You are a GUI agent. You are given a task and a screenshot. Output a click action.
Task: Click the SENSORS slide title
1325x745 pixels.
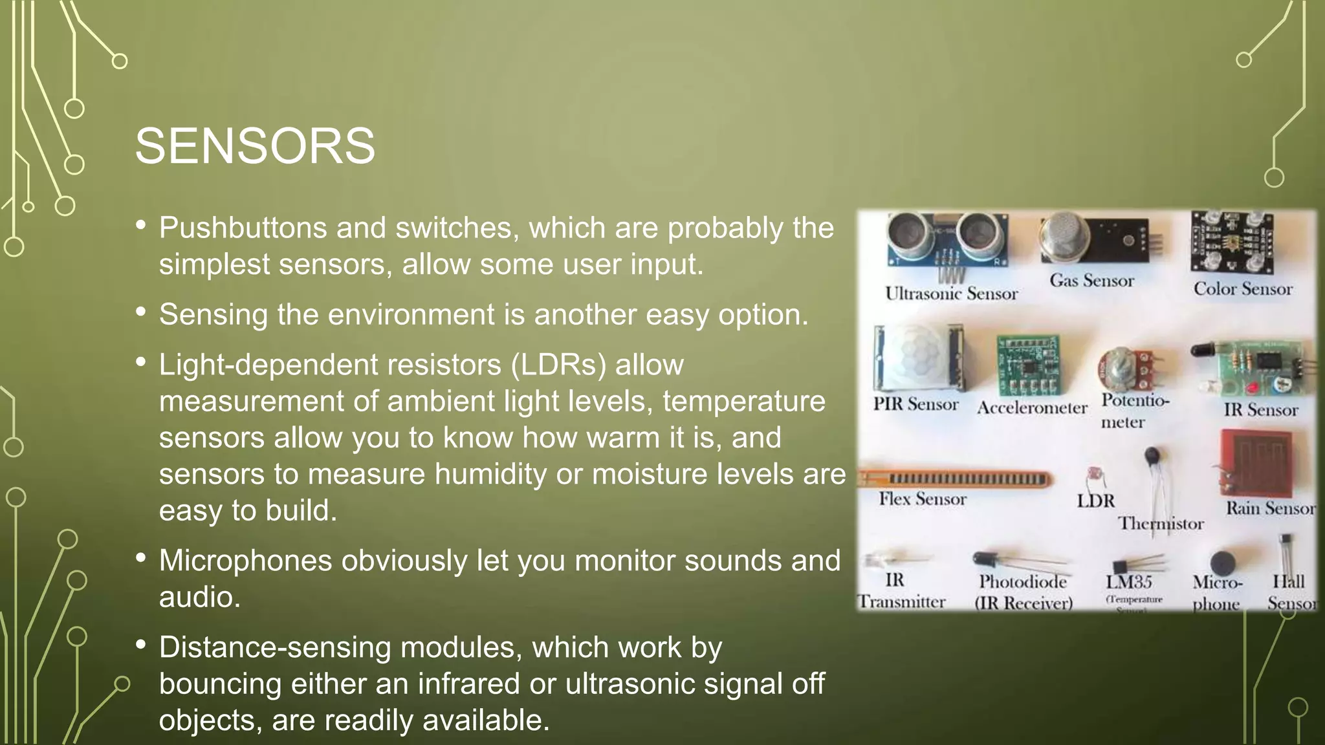click(x=255, y=146)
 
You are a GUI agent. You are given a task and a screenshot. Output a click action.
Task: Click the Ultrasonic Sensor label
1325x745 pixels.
click(x=951, y=294)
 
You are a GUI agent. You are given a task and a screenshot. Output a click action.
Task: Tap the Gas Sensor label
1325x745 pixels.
click(x=1091, y=281)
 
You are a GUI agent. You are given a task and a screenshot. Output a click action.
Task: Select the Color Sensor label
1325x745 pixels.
click(x=1242, y=289)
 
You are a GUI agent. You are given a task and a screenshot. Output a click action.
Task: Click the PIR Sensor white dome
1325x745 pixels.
click(x=914, y=360)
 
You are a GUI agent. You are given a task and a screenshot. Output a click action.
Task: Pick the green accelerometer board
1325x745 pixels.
click(x=1028, y=366)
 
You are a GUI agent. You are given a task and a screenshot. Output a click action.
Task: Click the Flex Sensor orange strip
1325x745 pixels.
click(x=958, y=479)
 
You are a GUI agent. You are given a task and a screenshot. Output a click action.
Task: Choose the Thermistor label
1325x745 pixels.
click(x=1161, y=523)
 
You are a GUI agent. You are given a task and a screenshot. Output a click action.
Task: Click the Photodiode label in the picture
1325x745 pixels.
click(x=1022, y=582)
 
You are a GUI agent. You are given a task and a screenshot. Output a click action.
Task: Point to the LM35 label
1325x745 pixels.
click(x=1128, y=582)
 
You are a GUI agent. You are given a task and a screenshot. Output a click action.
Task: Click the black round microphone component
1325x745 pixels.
click(x=1221, y=563)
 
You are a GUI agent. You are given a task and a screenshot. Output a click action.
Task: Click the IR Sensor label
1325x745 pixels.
click(x=1260, y=410)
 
